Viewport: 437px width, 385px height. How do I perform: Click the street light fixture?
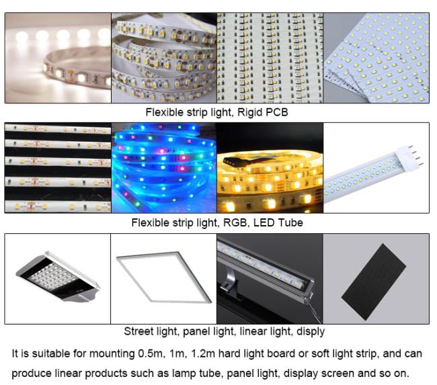(58, 277)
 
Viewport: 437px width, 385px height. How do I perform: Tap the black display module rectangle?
(374, 282)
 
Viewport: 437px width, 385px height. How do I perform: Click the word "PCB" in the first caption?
(277, 112)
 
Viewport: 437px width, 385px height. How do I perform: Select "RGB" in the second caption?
(237, 223)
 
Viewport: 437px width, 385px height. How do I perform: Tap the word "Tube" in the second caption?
(292, 223)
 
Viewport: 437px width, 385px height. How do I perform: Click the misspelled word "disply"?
(311, 331)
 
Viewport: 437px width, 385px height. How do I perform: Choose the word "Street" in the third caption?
(137, 331)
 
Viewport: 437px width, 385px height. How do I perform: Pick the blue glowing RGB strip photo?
(164, 168)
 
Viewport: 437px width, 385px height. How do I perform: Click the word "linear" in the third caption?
(251, 331)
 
